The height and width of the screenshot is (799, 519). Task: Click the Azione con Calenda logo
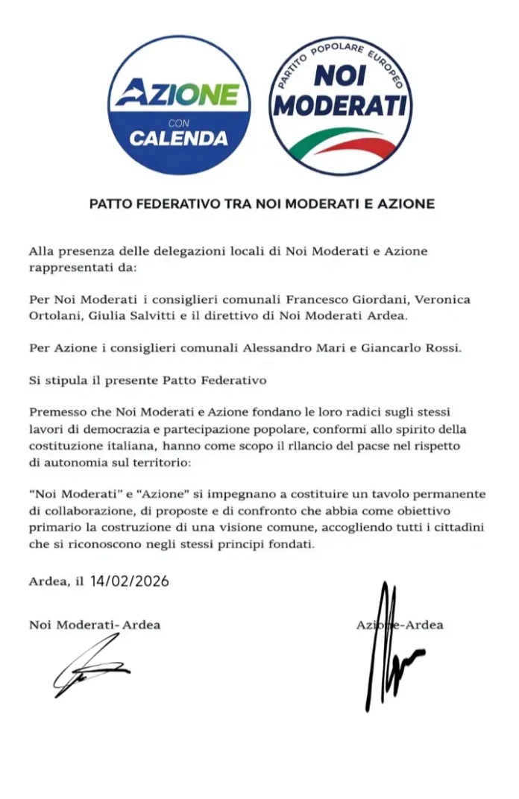[x=179, y=105]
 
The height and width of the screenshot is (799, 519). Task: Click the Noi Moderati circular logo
[x=340, y=105]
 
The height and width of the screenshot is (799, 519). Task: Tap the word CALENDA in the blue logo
[x=179, y=138]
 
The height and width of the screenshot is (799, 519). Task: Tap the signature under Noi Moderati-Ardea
[x=89, y=667]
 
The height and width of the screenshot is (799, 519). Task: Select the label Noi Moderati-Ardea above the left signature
[x=95, y=625]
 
